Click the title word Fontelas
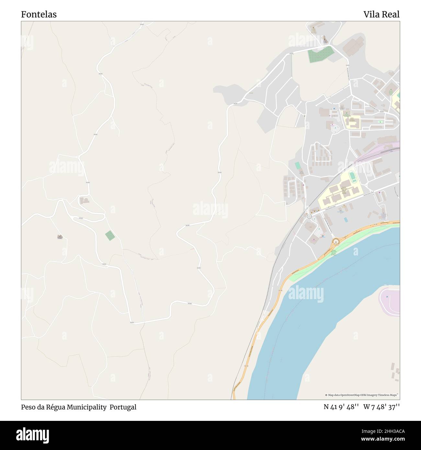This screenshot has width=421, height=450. point(39,14)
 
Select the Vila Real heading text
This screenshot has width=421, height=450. point(381,14)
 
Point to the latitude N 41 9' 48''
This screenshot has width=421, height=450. point(341,407)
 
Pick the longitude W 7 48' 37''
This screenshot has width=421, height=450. point(381,407)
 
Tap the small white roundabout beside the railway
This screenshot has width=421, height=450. point(309,216)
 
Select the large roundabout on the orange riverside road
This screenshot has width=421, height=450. point(336,242)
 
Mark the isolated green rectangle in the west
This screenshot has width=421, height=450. point(110,235)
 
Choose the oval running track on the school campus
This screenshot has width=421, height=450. point(352,177)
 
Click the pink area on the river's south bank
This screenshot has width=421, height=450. point(390,301)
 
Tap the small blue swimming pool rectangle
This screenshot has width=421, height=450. point(346,220)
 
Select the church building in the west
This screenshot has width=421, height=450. point(60,237)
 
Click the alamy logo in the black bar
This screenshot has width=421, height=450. point(33,435)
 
